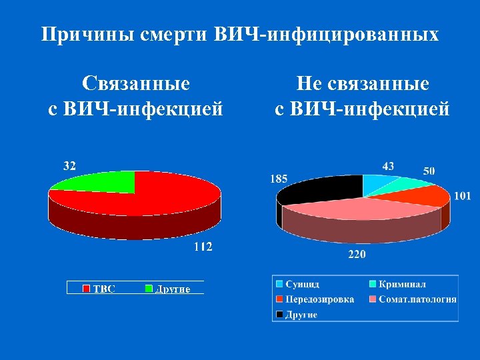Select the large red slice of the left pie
point(153,197)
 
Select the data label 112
point(203,247)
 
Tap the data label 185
point(279,178)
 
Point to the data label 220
point(357,254)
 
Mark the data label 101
point(463,196)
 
